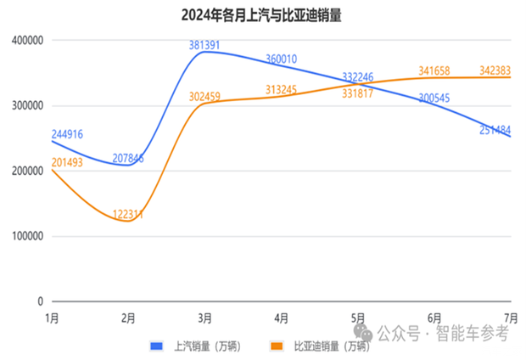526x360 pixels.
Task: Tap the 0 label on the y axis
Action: (39, 301)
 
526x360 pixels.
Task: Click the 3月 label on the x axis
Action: (205, 318)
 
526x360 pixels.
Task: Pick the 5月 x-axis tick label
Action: (358, 318)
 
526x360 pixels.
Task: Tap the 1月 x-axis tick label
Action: (52, 318)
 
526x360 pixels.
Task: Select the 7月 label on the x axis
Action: (511, 318)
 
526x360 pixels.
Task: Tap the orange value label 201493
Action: (67, 163)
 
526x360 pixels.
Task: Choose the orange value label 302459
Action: (208, 96)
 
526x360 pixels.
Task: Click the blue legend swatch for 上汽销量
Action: (156, 346)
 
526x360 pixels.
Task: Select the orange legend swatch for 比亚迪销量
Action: (277, 346)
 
